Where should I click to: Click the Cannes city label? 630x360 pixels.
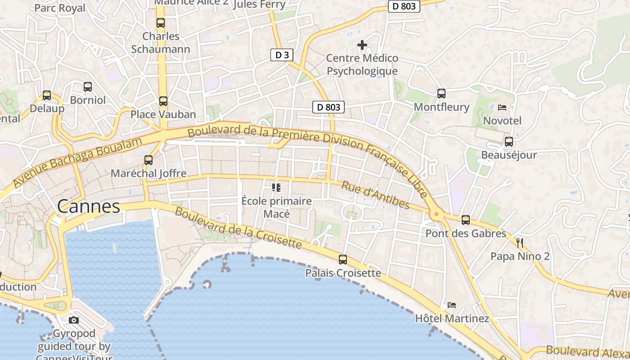click(x=88, y=207)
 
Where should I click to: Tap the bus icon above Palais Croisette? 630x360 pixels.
click(x=343, y=260)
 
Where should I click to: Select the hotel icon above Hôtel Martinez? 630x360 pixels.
click(x=452, y=305)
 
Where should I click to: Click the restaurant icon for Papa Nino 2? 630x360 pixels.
click(x=520, y=243)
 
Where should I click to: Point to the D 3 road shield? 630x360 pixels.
click(x=282, y=55)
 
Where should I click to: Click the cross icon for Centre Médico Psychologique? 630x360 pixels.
click(x=362, y=45)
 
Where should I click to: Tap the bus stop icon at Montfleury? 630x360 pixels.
click(x=441, y=94)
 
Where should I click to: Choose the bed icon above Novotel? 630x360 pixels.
click(x=502, y=108)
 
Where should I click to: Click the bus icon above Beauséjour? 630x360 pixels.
click(x=509, y=142)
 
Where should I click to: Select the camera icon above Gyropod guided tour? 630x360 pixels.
click(x=74, y=320)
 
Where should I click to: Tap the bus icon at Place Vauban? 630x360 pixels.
click(x=163, y=101)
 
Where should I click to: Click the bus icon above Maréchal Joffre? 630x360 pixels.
click(x=148, y=160)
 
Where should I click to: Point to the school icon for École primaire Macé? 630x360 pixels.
click(x=276, y=187)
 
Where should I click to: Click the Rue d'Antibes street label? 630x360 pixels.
click(x=375, y=195)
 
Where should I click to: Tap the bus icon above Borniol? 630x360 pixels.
click(x=88, y=86)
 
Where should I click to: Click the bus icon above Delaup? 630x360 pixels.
click(x=47, y=95)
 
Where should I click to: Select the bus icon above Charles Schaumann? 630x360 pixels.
click(x=160, y=23)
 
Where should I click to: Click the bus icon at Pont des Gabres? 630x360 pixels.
click(x=466, y=220)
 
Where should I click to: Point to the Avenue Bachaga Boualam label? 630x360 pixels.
click(x=77, y=162)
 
